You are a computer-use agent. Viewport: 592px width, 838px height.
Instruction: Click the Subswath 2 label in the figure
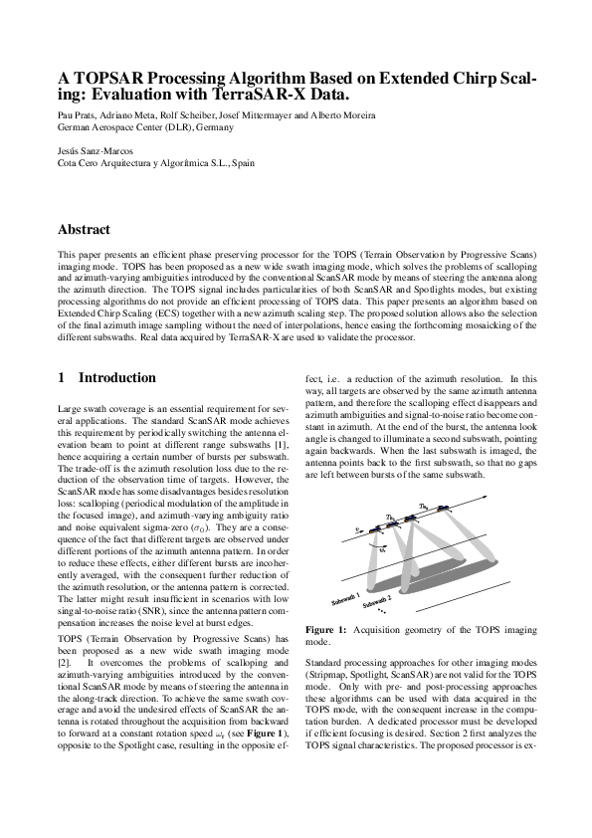377,602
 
